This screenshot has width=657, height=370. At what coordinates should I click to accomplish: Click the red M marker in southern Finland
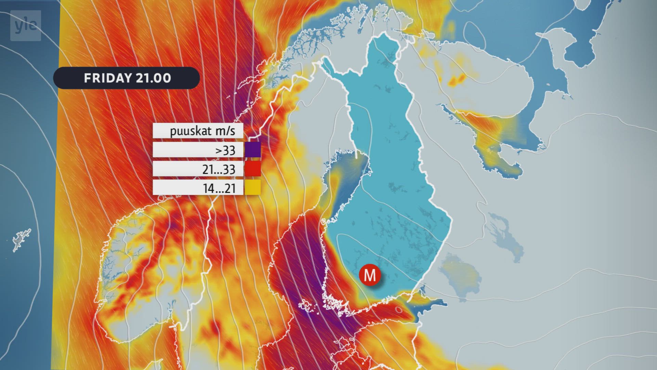(370, 275)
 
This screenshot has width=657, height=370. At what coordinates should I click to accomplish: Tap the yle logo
(26, 26)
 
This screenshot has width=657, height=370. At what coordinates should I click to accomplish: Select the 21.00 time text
(153, 78)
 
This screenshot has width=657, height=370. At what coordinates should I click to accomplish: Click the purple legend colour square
(253, 150)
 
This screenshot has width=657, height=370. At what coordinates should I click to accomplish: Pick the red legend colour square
(253, 169)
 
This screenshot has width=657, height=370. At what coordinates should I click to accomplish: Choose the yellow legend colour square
(253, 187)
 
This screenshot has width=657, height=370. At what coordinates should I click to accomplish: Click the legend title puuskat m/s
(203, 131)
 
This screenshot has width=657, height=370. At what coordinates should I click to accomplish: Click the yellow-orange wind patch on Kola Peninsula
(457, 81)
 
